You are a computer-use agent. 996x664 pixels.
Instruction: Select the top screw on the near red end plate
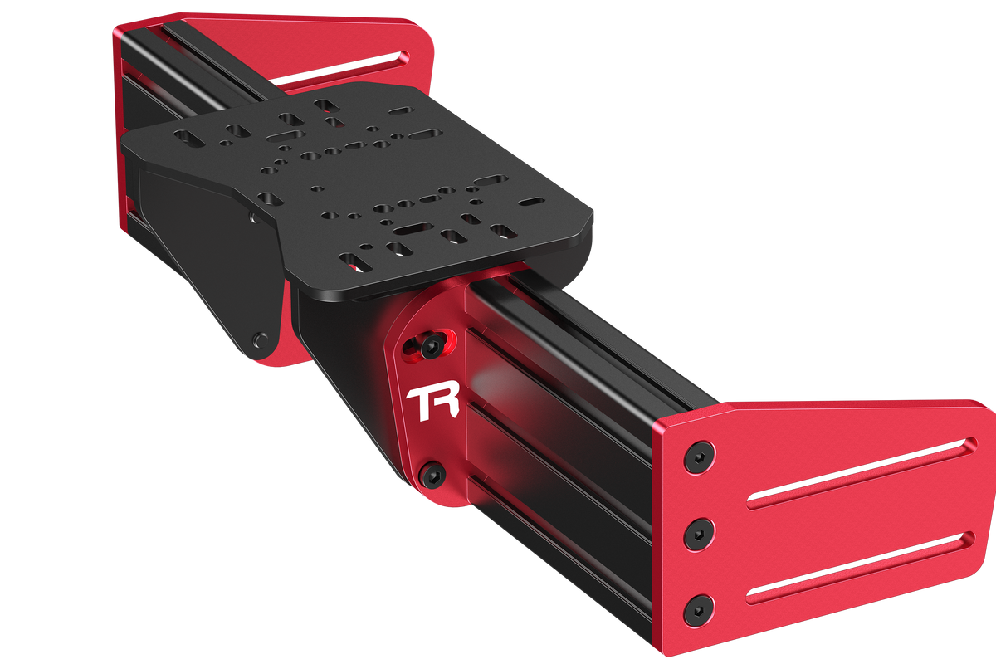(x=699, y=458)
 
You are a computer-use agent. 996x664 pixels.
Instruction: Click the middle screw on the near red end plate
(x=699, y=534)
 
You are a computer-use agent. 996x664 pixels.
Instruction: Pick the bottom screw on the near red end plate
(x=699, y=610)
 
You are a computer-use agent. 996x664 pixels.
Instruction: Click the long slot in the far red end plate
(x=340, y=71)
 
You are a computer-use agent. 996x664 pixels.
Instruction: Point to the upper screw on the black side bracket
(x=252, y=217)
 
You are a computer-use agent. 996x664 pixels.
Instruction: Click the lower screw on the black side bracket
(x=261, y=339)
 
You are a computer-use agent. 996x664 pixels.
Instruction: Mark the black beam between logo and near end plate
(x=573, y=448)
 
